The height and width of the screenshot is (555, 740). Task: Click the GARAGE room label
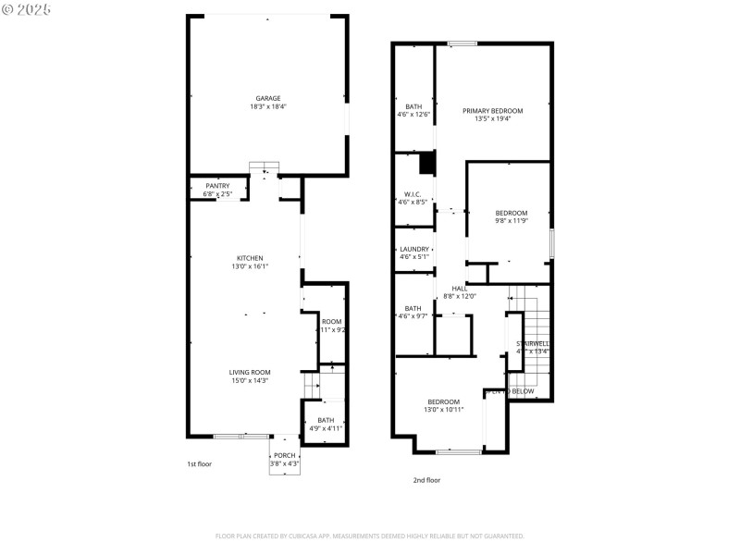point(268,98)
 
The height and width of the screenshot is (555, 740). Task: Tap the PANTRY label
point(217,186)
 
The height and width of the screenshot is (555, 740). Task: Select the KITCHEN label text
point(250,258)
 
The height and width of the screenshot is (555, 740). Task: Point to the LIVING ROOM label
point(250,372)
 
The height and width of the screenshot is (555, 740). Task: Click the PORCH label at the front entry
point(284,455)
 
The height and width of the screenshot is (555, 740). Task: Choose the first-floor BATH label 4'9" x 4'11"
point(326,420)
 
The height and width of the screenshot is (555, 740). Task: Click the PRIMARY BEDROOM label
point(492,111)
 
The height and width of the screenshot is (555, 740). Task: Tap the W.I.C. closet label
point(413,194)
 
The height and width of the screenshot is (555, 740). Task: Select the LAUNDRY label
point(413,249)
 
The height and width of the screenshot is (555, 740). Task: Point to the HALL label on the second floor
point(460,289)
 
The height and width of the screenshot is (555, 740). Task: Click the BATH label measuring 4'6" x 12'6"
point(413,106)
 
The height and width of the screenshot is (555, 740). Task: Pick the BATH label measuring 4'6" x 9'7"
point(413,308)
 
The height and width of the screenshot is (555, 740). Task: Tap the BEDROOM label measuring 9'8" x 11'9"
point(511,213)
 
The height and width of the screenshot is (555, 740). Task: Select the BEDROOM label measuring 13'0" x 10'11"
point(444,401)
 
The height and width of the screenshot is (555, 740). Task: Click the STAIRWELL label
point(533,344)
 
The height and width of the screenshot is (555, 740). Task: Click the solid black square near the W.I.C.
point(426,164)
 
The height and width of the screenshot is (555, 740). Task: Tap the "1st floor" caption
point(199,463)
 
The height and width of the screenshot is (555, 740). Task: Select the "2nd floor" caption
point(426,480)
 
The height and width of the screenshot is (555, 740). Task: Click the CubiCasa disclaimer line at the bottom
point(370,536)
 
